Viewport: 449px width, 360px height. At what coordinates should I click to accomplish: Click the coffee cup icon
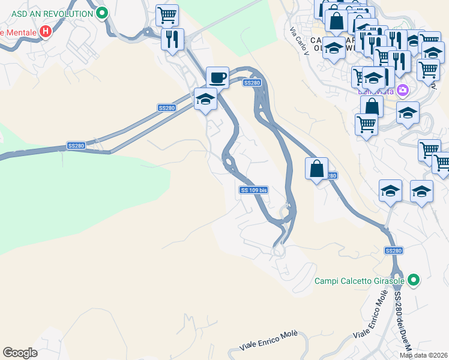(217, 77)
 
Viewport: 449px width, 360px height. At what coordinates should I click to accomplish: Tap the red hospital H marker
(45, 31)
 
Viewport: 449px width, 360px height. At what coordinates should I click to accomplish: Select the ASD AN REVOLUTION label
(52, 13)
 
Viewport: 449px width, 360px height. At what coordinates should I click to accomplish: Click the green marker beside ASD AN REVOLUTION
(102, 13)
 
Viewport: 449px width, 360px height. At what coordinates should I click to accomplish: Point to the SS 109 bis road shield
(253, 190)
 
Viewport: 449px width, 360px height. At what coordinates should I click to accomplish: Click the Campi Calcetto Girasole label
(360, 280)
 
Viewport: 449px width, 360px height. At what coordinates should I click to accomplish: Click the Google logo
(20, 353)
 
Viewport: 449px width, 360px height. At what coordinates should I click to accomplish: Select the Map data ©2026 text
(424, 355)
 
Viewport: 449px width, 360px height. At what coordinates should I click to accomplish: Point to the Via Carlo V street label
(298, 41)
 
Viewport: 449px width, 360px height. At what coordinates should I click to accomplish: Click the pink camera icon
(402, 91)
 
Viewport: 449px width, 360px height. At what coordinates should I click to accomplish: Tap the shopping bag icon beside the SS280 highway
(316, 168)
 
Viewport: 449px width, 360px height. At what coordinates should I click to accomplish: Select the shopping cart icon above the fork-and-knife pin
(167, 14)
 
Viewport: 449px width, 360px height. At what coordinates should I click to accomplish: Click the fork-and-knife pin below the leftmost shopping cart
(172, 39)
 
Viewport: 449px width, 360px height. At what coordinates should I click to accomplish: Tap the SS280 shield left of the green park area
(76, 146)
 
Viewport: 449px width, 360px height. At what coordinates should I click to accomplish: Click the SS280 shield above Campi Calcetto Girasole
(393, 250)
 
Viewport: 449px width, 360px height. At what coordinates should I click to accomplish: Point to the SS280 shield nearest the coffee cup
(252, 83)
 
